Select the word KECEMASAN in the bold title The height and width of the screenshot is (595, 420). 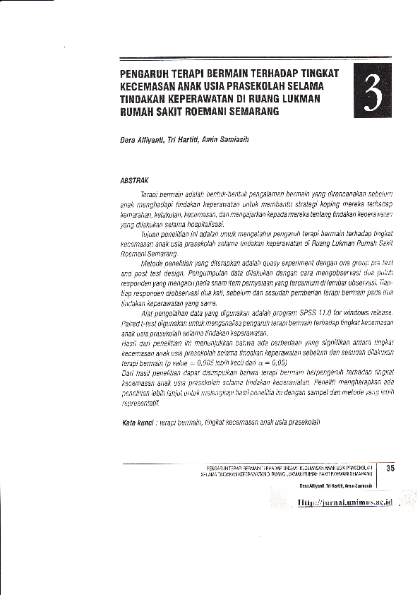[146, 87]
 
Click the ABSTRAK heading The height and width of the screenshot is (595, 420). [134, 180]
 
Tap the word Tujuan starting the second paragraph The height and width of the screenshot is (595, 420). [151, 231]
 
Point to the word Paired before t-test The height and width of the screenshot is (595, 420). [133, 322]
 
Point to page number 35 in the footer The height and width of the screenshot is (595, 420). [390, 467]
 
